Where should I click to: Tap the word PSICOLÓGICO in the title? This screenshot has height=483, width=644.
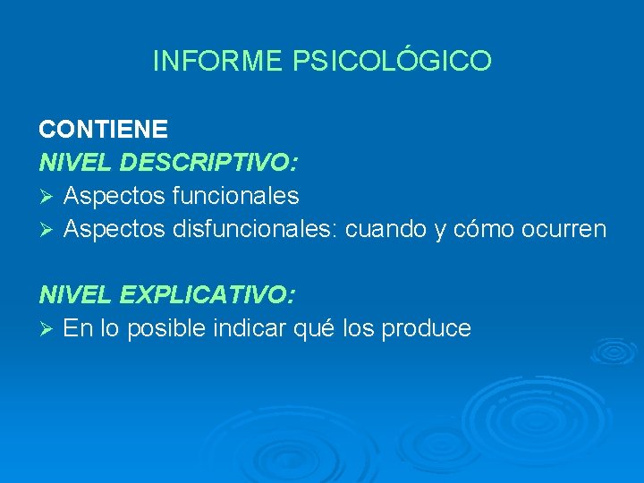(x=392, y=61)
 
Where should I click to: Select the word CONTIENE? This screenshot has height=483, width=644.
(x=103, y=129)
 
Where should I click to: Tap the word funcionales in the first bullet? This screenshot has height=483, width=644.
(x=233, y=195)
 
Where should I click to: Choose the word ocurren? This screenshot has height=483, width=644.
(x=566, y=229)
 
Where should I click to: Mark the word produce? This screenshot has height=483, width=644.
(x=426, y=328)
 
